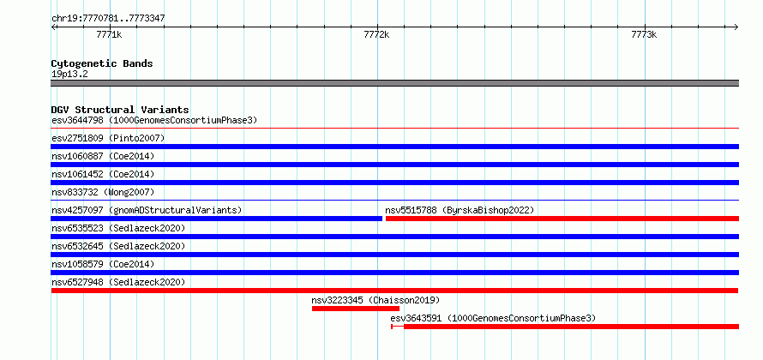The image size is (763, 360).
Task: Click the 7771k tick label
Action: click(110, 34)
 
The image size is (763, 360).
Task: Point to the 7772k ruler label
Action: click(376, 34)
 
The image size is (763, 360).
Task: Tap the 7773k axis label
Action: click(644, 34)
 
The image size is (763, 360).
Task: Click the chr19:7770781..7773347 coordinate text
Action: click(109, 19)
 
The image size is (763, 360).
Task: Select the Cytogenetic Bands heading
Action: click(102, 63)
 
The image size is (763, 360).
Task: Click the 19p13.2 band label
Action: click(69, 74)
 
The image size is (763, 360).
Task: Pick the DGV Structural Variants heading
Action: click(120, 110)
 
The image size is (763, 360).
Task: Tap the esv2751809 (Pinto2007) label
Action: click(108, 138)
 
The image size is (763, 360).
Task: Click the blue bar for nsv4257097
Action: click(217, 219)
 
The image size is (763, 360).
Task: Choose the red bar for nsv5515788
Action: click(562, 219)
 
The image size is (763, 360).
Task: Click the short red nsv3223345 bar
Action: click(355, 309)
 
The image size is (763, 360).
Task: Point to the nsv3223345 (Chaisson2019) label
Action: click(375, 300)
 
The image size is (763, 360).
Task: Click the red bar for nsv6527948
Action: click(394, 291)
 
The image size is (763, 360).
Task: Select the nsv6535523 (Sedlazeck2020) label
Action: click(118, 228)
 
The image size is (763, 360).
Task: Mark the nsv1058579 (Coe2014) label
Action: click(103, 264)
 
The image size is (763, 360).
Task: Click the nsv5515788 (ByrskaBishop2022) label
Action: click(460, 210)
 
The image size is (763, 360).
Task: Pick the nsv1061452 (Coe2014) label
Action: click(103, 174)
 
